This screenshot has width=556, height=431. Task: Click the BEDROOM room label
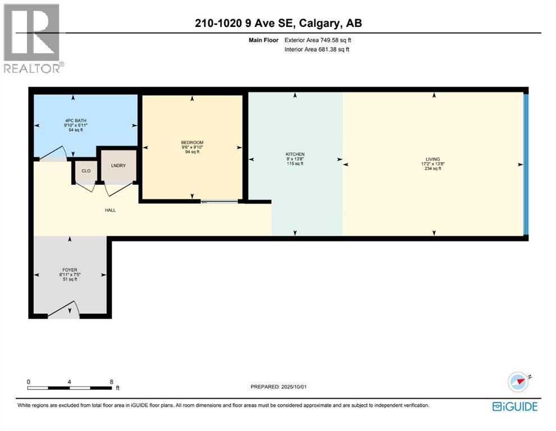(x=192, y=143)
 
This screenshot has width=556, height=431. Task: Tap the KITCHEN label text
(x=295, y=154)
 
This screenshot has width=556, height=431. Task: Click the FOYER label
(x=69, y=270)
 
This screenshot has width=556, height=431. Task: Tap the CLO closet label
(x=86, y=171)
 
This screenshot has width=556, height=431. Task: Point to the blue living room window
(x=526, y=164)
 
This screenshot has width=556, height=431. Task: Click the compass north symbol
(x=518, y=382)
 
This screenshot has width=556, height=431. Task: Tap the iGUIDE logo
(x=515, y=406)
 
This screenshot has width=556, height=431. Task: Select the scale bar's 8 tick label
(x=112, y=382)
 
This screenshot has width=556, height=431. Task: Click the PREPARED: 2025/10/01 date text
(x=280, y=387)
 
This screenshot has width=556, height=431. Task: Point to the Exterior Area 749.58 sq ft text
(x=318, y=40)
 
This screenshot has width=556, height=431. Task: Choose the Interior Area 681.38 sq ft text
(x=317, y=49)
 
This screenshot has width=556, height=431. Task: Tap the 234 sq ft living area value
(x=432, y=168)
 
